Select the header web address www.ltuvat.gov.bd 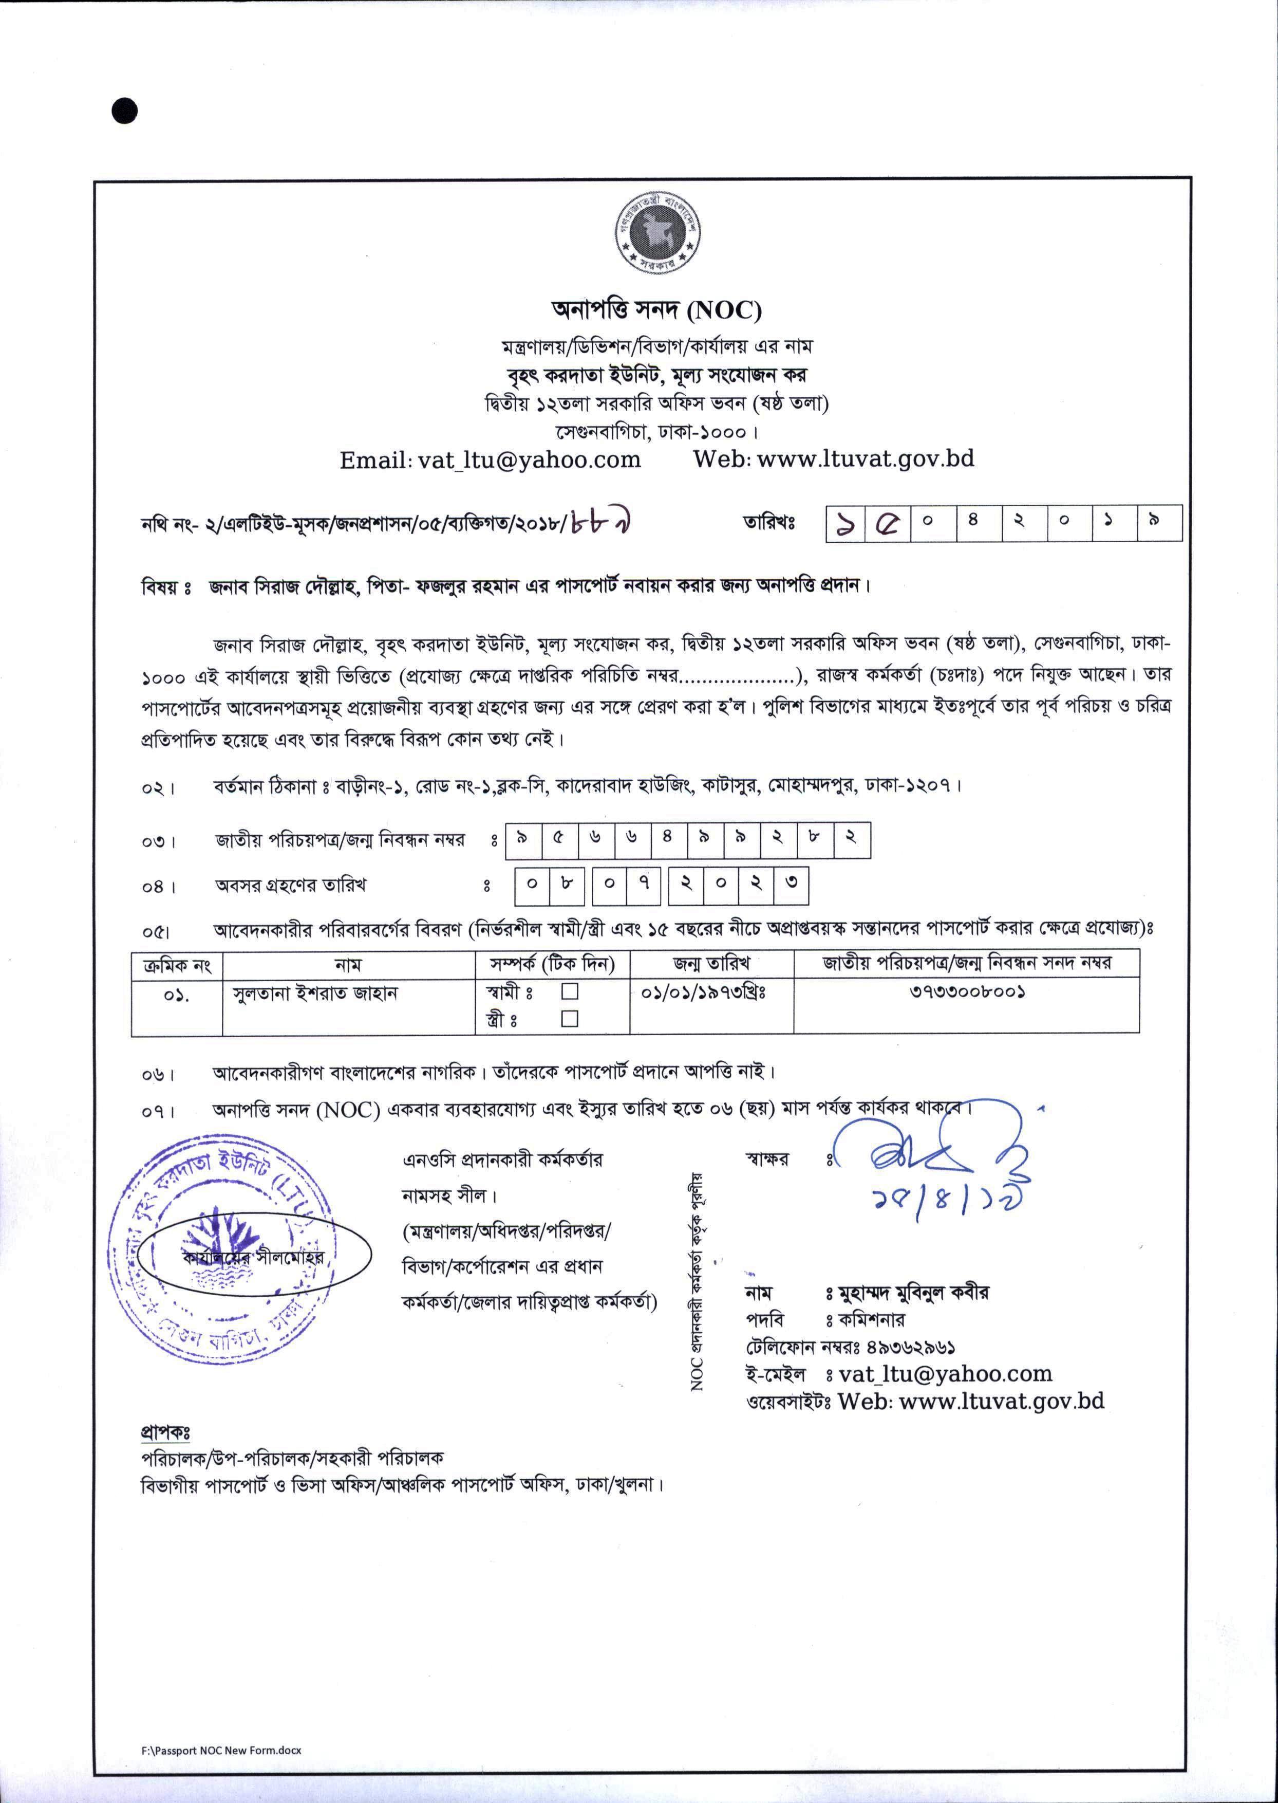coord(865,458)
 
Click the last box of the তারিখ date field coord(1159,523)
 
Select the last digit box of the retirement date coord(791,885)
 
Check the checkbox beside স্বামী coord(570,991)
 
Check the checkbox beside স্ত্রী coord(570,1019)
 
